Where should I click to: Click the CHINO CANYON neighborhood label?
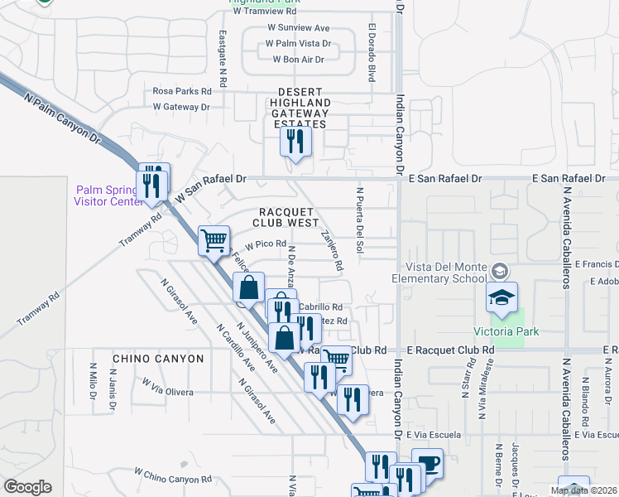(157, 359)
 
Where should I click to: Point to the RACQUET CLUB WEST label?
(287, 217)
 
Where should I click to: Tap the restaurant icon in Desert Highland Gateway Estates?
(295, 142)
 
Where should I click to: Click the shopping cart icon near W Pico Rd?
(214, 240)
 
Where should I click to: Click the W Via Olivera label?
(168, 388)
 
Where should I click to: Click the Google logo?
(27, 487)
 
